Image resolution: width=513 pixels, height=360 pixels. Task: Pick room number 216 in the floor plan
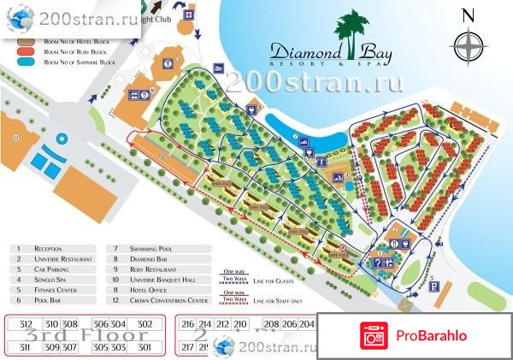pyautogui.click(x=189, y=325)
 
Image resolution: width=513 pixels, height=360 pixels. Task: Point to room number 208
pyautogui.click(x=271, y=325)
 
